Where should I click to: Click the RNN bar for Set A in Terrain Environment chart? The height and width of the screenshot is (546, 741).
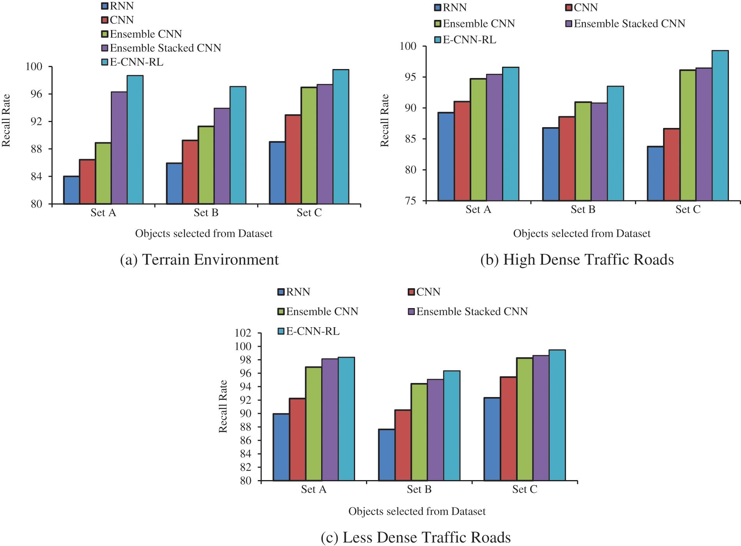(x=72, y=190)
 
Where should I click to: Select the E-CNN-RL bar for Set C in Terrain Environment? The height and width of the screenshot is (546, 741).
(x=341, y=136)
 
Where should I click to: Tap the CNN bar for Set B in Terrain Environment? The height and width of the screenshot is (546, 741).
(x=190, y=172)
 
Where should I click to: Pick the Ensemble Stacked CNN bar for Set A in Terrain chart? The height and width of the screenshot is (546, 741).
(x=119, y=148)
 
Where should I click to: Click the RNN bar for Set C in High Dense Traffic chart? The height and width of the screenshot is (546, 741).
(x=655, y=174)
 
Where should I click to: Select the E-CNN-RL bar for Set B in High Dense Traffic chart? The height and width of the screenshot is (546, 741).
(x=615, y=144)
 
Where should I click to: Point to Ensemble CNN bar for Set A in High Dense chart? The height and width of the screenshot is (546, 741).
(x=478, y=140)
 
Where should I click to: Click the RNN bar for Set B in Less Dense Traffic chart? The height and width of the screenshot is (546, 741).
(x=386, y=455)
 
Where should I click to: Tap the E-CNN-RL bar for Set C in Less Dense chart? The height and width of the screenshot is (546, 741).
(x=557, y=415)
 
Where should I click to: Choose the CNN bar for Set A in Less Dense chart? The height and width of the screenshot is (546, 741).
(x=297, y=439)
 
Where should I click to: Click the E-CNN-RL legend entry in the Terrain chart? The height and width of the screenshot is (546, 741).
(x=133, y=62)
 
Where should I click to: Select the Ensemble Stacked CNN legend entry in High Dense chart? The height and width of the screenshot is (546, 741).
(x=625, y=24)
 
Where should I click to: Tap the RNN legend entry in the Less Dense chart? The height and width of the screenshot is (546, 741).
(x=294, y=292)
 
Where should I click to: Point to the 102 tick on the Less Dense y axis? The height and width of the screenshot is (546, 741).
(x=243, y=333)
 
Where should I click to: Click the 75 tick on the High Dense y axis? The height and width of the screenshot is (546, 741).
(x=410, y=201)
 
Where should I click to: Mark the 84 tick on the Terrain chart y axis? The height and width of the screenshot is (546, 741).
(x=36, y=177)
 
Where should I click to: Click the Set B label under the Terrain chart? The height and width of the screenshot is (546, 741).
(x=206, y=213)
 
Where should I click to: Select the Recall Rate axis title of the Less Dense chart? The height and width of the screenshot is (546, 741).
(x=223, y=406)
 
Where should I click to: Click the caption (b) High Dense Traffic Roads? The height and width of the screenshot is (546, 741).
(x=577, y=260)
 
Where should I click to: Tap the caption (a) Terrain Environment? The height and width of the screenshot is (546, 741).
(x=199, y=260)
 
